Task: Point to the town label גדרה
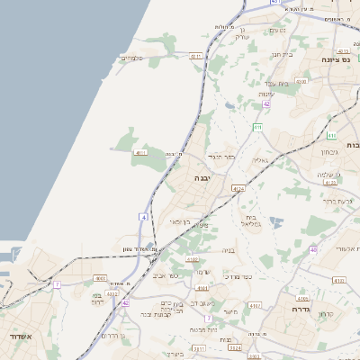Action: [x=301, y=309]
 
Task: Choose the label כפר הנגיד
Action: [x=220, y=157]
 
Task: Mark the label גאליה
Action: [x=260, y=161]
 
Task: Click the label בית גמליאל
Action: [x=252, y=220]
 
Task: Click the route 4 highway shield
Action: [x=142, y=217]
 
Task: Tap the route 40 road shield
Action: [x=313, y=249]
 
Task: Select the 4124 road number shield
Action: [x=238, y=189]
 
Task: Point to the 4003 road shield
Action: [x=100, y=279]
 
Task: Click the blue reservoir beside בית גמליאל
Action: [x=275, y=221]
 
